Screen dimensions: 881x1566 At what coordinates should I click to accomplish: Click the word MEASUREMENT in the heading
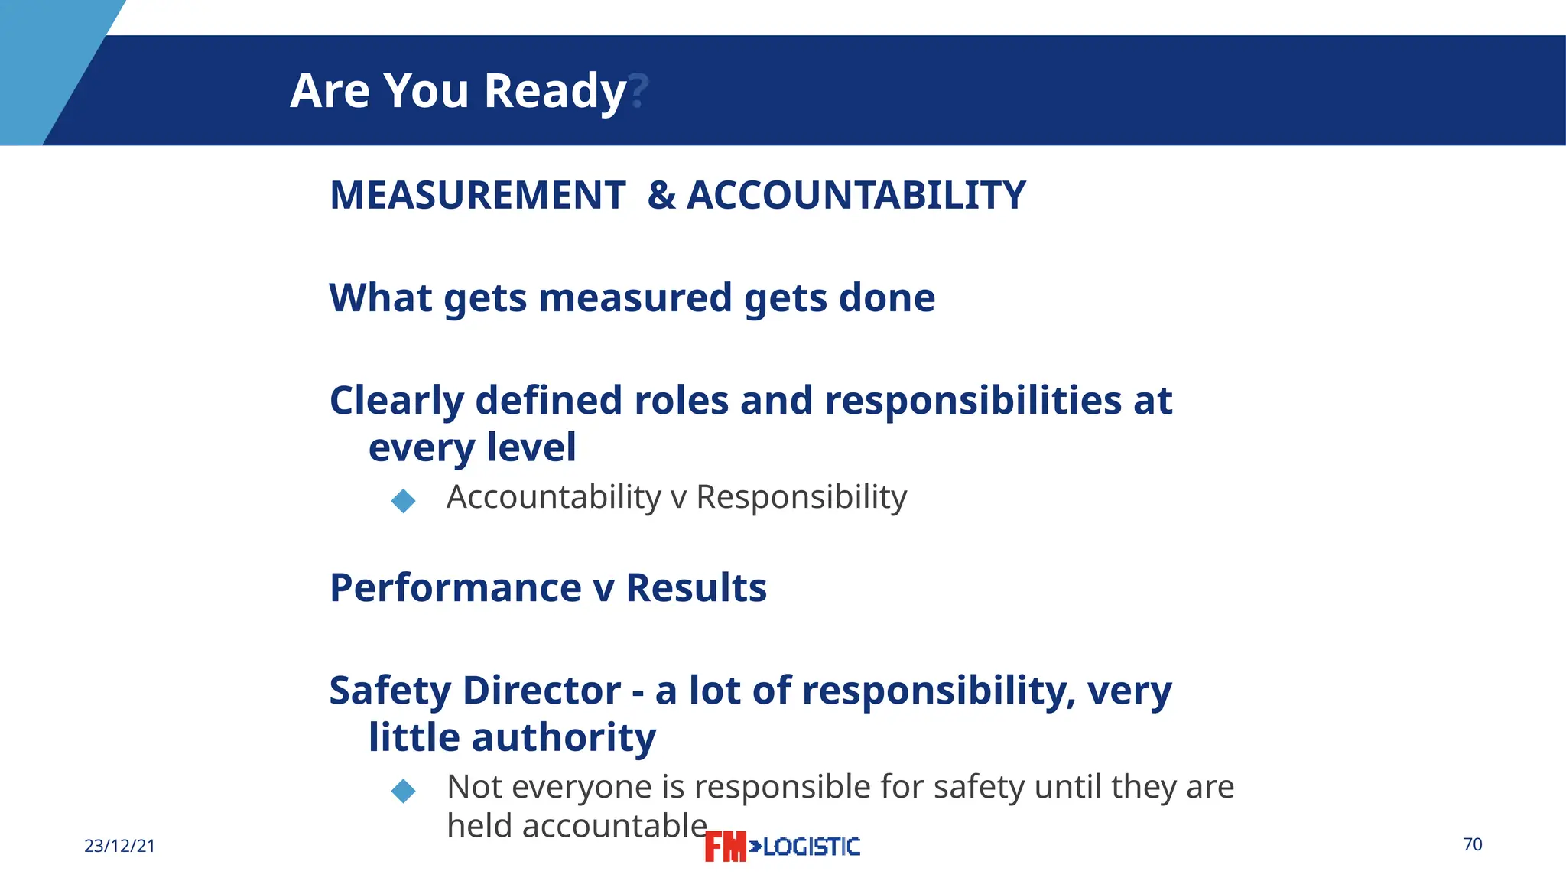(x=478, y=195)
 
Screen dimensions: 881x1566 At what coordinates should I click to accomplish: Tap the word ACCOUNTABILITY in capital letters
(x=856, y=195)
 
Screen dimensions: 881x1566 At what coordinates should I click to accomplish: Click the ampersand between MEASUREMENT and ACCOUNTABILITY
(x=661, y=195)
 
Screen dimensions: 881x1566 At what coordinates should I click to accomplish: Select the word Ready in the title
(x=555, y=91)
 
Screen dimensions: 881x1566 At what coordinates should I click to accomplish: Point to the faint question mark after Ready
(x=638, y=91)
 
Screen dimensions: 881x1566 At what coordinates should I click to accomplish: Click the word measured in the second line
(x=635, y=297)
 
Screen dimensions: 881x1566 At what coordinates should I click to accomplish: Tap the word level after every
(x=531, y=447)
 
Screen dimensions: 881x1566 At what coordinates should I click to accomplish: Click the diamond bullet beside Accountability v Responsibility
(x=403, y=501)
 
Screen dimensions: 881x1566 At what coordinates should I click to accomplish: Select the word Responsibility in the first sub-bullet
(x=801, y=497)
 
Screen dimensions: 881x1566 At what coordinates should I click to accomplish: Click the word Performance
(x=456, y=588)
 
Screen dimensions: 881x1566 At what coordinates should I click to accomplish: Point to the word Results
(x=696, y=588)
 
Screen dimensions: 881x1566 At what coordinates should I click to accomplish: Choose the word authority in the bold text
(x=564, y=738)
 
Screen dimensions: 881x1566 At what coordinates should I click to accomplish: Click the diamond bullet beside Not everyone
(x=403, y=791)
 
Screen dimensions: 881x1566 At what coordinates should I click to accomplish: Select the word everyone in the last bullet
(x=585, y=787)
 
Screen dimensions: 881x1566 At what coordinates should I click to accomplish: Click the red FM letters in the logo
(x=725, y=847)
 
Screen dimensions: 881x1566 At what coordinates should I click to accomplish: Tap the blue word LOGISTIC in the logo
(x=811, y=847)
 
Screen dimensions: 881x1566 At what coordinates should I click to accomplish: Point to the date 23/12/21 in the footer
(x=119, y=846)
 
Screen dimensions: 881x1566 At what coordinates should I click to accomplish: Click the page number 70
(x=1473, y=844)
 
